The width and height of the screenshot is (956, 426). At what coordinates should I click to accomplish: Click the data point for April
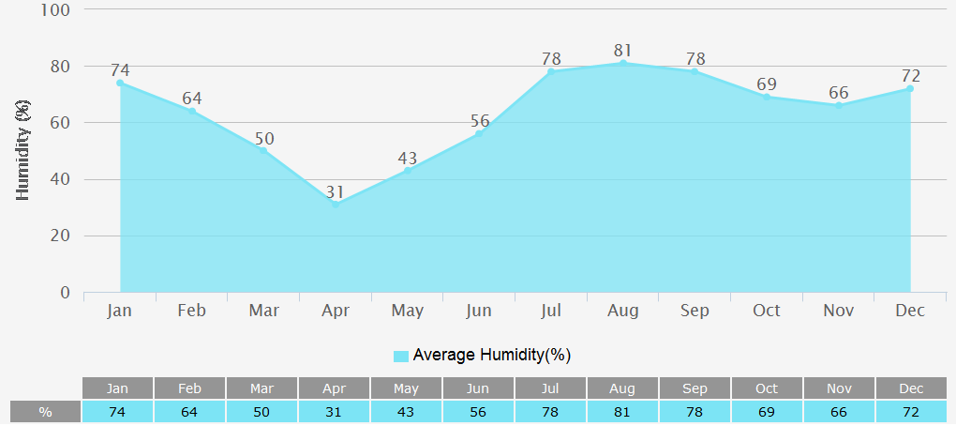(336, 204)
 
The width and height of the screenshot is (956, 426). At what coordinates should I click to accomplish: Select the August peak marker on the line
(622, 63)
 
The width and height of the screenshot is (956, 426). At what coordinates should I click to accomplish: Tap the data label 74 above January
(120, 70)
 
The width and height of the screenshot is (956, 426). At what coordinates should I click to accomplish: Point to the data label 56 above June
(480, 121)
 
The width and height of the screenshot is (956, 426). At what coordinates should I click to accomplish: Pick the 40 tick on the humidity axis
(61, 179)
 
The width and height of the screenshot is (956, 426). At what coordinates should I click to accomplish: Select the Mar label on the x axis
(264, 311)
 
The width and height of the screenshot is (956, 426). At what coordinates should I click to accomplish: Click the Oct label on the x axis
(766, 311)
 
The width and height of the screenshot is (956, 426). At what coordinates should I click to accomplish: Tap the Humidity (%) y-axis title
(24, 150)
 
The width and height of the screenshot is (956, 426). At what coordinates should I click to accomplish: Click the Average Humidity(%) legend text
(491, 355)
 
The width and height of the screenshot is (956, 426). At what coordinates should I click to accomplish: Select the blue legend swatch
(401, 356)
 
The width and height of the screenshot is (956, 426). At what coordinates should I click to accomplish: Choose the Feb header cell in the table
(190, 388)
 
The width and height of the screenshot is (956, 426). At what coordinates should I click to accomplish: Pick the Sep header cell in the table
(695, 388)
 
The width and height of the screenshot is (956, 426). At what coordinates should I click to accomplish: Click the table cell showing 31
(335, 412)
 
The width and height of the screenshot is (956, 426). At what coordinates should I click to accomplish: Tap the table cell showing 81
(622, 412)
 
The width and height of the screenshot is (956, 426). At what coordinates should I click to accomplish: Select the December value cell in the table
(911, 412)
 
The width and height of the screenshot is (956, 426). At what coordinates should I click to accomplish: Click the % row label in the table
(45, 412)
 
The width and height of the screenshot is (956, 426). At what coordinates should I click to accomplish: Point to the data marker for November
(838, 105)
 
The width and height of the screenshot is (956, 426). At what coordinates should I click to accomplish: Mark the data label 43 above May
(407, 159)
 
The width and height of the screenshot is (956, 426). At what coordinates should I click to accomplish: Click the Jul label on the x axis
(551, 311)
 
